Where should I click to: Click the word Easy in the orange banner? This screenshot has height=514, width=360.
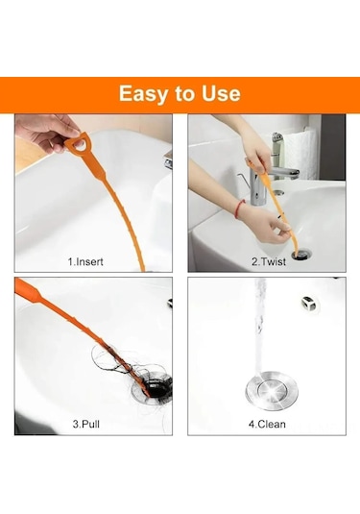click(144, 94)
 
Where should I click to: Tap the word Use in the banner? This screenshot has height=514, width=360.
click(221, 93)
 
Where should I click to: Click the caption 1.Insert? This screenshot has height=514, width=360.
click(85, 261)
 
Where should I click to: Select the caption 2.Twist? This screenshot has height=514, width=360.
click(269, 261)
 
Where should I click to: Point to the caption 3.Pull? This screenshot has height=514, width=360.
click(85, 424)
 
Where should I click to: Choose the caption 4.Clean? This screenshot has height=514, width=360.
click(267, 424)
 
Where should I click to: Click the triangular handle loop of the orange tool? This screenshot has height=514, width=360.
click(78, 143)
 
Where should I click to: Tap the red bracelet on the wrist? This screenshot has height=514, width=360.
click(240, 208)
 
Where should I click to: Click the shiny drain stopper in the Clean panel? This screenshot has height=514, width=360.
click(272, 391)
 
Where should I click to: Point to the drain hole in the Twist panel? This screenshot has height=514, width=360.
click(300, 255)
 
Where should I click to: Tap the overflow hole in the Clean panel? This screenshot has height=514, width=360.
click(308, 304)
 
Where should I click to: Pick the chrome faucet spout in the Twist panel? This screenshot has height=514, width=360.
click(283, 172)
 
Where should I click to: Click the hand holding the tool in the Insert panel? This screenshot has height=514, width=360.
click(46, 132)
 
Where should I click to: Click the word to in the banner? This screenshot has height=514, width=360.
click(185, 94)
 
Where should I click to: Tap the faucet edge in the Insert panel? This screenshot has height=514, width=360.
click(168, 160)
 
